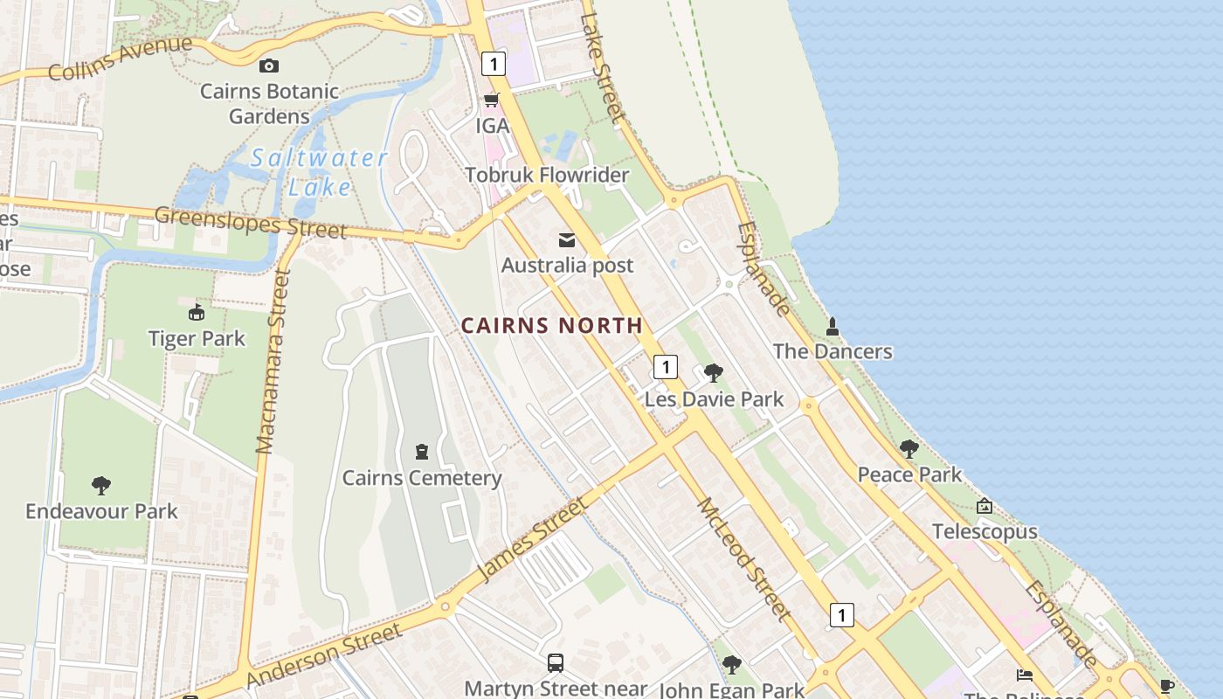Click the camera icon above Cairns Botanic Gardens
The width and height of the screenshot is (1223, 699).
click(x=269, y=66)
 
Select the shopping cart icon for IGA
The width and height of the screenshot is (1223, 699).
click(x=491, y=100)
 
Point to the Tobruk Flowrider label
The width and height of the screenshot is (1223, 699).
click(x=547, y=175)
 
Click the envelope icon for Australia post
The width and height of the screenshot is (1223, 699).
click(x=567, y=240)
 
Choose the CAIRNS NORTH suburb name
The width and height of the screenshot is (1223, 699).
click(x=551, y=326)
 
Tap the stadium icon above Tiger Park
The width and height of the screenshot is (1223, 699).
click(x=197, y=313)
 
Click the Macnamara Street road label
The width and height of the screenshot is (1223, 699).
click(x=273, y=361)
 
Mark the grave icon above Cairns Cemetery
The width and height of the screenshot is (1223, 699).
click(x=422, y=452)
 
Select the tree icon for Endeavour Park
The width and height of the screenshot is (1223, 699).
click(x=101, y=485)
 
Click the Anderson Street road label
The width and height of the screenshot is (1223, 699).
click(x=324, y=654)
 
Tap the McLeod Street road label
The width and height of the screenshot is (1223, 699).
click(x=743, y=559)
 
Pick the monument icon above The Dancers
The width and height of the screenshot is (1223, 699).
click(x=833, y=327)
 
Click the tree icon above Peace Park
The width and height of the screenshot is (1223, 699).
click(x=909, y=449)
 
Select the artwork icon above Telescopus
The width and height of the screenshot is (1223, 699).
click(x=985, y=506)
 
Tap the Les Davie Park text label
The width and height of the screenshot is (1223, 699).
click(x=714, y=399)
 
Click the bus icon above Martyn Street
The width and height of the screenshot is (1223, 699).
click(x=555, y=662)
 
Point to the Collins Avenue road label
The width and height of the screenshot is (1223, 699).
click(x=120, y=59)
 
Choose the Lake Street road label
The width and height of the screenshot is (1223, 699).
click(x=603, y=66)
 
